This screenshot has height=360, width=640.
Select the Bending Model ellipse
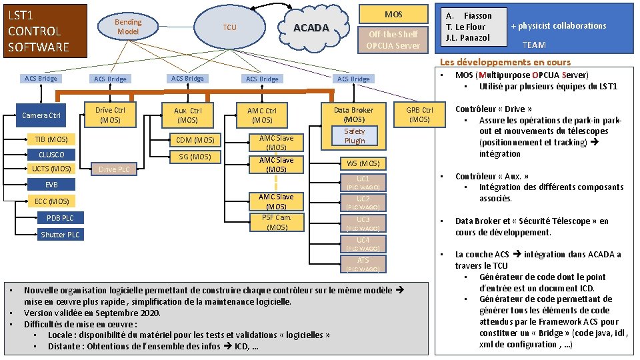[128, 27]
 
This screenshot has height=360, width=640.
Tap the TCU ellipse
[229, 27]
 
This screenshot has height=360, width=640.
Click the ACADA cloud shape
[311, 27]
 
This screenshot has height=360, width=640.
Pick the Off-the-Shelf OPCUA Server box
[393, 39]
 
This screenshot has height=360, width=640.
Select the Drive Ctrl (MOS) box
[110, 115]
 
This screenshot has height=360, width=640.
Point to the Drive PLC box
[114, 169]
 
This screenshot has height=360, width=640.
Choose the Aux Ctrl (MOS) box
[187, 115]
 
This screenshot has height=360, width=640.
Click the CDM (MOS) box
[195, 140]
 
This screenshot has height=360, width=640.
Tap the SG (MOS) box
[195, 157]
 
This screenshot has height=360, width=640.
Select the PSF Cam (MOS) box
[276, 222]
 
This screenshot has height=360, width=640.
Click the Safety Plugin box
[355, 136]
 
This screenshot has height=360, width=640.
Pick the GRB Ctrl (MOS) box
[419, 114]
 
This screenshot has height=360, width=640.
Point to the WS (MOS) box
[363, 163]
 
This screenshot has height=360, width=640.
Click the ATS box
[363, 260]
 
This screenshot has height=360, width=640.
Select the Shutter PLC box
[60, 235]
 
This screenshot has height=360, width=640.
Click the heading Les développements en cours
[505, 62]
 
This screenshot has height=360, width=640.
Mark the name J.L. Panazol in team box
[467, 38]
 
